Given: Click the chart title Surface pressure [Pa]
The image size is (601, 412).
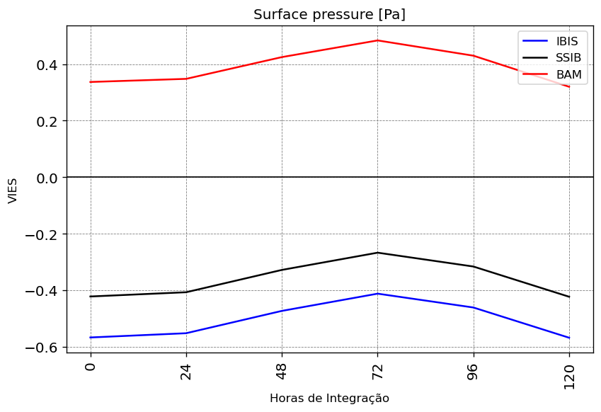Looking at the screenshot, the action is tap(329, 15).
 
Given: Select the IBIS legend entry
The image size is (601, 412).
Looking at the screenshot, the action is tap(550, 41).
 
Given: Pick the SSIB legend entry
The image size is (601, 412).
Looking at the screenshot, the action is tap(551, 57).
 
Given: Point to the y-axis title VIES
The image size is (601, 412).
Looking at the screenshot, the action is tap(13, 191).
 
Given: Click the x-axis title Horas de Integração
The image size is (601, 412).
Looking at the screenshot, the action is tap(329, 399).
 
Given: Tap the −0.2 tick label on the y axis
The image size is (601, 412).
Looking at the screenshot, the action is tap(41, 234).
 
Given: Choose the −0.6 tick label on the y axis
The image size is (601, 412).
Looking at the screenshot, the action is tap(41, 348).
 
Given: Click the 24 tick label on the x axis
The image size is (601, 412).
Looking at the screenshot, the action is tap(186, 372).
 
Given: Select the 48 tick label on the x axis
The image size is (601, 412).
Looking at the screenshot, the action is tap(282, 372).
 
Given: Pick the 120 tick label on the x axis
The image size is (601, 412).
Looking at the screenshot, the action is tap(569, 377).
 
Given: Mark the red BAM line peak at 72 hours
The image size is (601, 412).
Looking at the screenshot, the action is tap(377, 40).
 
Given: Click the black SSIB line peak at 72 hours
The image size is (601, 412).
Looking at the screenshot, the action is tap(377, 253).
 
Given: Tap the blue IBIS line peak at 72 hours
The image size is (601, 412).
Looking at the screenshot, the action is tap(377, 294).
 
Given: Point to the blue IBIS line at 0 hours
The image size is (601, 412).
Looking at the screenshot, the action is tap(91, 337).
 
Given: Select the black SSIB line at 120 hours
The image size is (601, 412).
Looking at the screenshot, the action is tap(569, 297).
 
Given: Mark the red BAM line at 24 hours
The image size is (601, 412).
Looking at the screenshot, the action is tap(186, 79).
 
